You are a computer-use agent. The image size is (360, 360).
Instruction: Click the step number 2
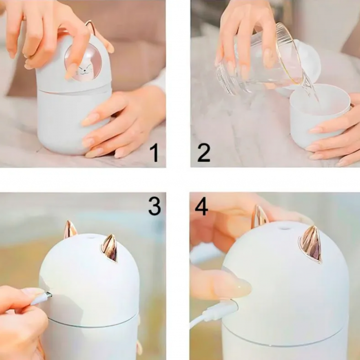tap(204, 153)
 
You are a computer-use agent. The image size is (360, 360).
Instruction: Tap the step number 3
tap(154, 206)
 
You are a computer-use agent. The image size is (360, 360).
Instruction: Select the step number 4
tap(201, 207)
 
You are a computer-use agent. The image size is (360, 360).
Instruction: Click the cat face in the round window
tap(83, 70)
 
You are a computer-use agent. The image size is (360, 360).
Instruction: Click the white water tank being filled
tap(320, 117)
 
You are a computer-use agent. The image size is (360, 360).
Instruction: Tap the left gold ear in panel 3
tap(70, 229)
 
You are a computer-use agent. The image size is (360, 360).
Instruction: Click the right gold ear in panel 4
tap(311, 244)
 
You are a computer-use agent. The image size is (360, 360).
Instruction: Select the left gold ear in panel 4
tap(259, 216)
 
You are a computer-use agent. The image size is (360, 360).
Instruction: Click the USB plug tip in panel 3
tap(49, 294)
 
